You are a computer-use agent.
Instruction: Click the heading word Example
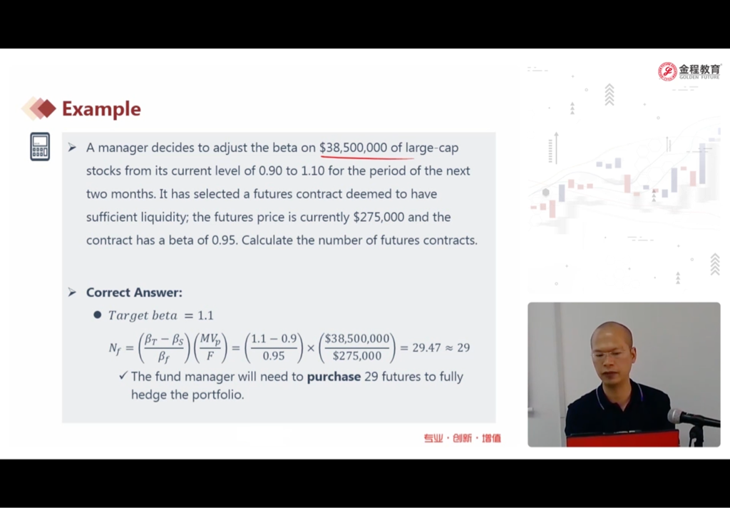[101, 109]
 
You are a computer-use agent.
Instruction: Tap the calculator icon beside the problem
[40, 147]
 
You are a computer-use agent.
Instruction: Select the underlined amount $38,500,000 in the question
[353, 148]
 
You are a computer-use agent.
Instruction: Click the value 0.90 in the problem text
[270, 171]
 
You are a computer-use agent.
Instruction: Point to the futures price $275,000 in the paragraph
[379, 217]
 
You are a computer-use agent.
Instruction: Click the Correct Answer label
[134, 293]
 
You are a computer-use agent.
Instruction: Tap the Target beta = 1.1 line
[160, 315]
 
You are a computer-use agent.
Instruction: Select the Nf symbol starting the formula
[115, 348]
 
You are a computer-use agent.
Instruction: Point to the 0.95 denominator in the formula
[273, 356]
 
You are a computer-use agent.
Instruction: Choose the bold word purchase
[334, 377]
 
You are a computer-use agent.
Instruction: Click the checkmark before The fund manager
[123, 375]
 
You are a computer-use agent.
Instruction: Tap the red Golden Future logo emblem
[667, 71]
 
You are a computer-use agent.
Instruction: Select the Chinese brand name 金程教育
[700, 69]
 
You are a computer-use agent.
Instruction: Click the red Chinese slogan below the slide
[462, 438]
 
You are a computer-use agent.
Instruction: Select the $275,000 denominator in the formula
[357, 356]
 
